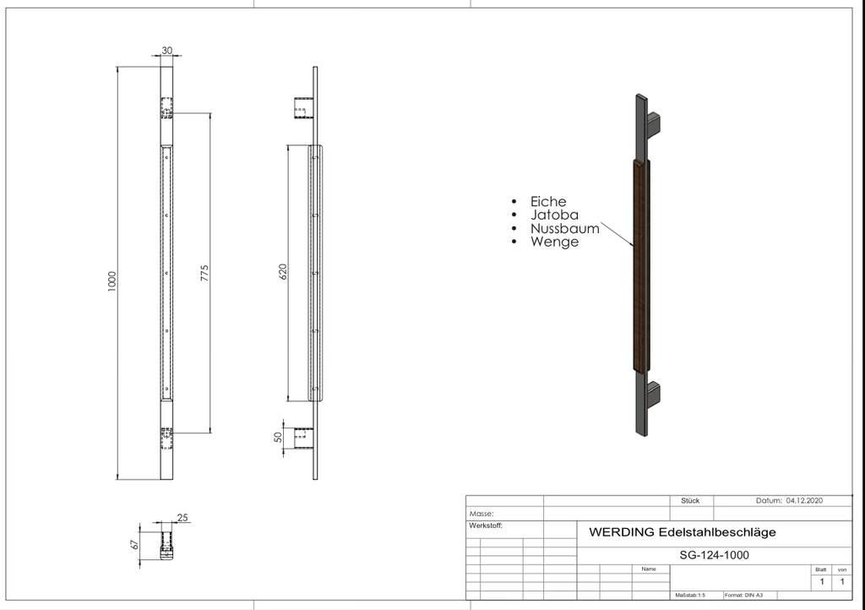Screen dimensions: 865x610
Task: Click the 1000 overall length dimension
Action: [x=112, y=281]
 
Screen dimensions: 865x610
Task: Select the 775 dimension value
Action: [x=204, y=273]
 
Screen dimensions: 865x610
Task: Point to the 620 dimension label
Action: [x=283, y=271]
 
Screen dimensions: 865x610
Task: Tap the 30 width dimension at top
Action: [x=166, y=50]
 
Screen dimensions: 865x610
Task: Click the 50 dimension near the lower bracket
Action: [x=278, y=437]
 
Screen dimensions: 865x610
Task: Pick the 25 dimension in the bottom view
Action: [x=182, y=517]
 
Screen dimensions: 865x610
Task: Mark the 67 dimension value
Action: [x=134, y=544]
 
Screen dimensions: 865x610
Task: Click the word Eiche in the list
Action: [x=548, y=201]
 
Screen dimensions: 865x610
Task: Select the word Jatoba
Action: [x=554, y=215]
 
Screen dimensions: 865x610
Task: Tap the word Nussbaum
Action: [x=565, y=228]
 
